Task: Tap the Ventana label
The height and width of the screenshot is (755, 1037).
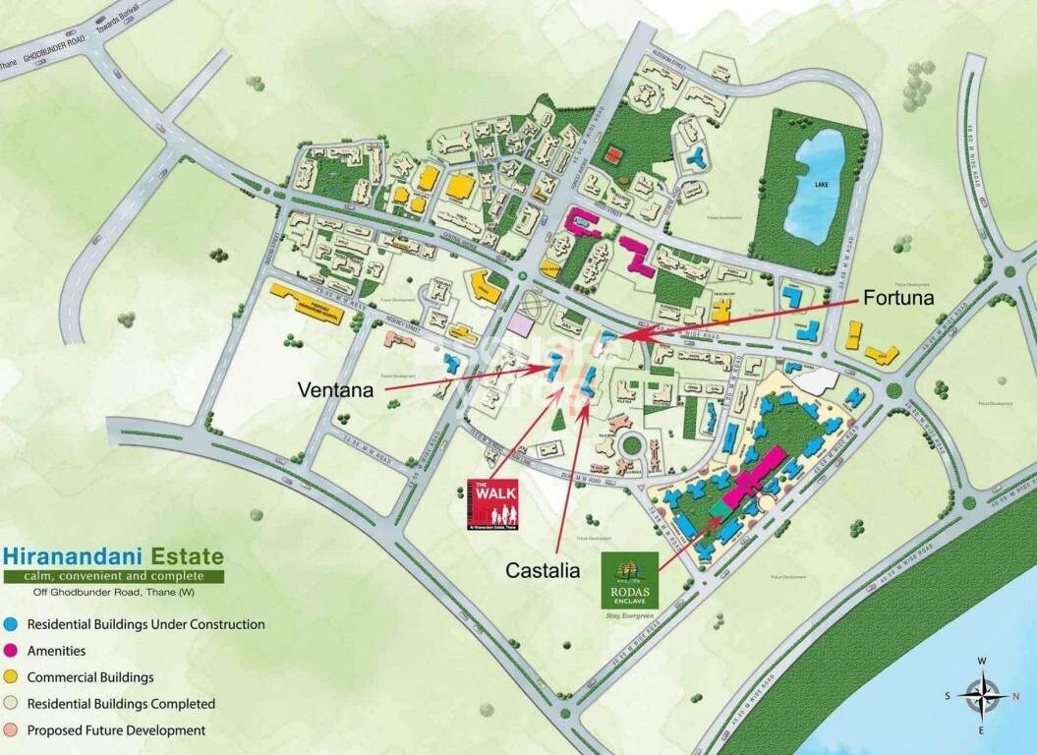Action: [335, 390]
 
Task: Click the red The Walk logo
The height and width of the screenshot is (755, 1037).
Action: [496, 503]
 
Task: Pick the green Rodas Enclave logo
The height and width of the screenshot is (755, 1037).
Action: [629, 580]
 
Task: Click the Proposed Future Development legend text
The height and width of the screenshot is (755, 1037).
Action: [116, 730]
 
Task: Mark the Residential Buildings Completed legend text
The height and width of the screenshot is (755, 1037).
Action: [121, 704]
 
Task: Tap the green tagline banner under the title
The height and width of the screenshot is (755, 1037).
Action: [112, 575]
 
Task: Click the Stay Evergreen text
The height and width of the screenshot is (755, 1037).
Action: [629, 616]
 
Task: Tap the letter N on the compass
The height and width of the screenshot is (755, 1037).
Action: [1016, 695]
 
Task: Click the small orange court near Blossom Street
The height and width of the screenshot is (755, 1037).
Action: [613, 154]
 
